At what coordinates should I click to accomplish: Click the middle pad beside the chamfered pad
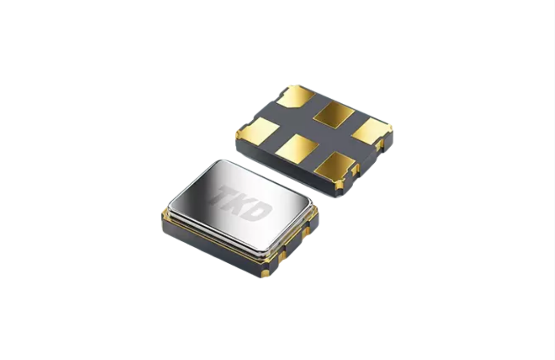point(334,114)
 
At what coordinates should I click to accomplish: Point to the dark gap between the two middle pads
point(316,131)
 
